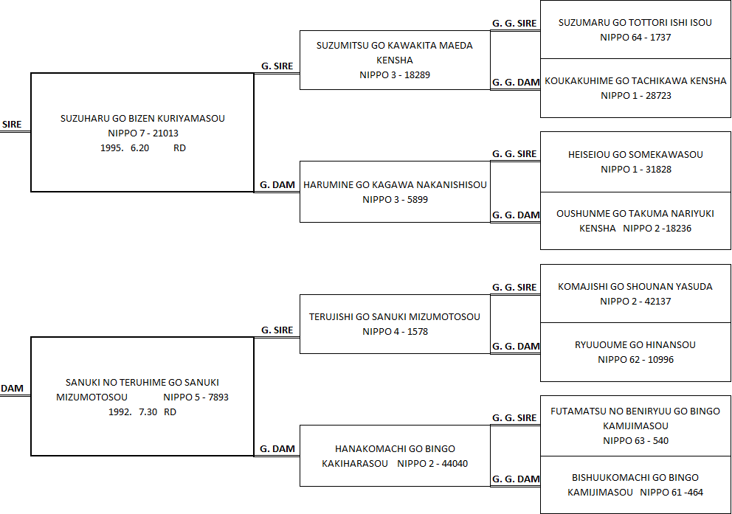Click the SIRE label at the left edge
12,125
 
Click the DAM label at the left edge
12,389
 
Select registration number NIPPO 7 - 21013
143,133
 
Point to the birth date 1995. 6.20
125,147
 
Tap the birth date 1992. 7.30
133,411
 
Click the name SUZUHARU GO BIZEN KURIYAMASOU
142,119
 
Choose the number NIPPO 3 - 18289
395,75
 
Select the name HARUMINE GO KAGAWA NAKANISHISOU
395,184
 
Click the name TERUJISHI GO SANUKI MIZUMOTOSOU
395,316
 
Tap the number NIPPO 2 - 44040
432,464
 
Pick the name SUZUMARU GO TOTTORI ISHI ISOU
635,22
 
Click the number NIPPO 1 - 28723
636,96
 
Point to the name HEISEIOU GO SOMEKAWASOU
635,154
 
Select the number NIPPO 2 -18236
657,229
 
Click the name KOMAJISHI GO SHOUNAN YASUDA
635,286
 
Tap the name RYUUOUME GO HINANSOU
635,344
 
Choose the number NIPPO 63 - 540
635,441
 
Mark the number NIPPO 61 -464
671,493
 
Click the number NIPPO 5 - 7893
196,397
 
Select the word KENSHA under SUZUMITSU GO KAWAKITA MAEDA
395,60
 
